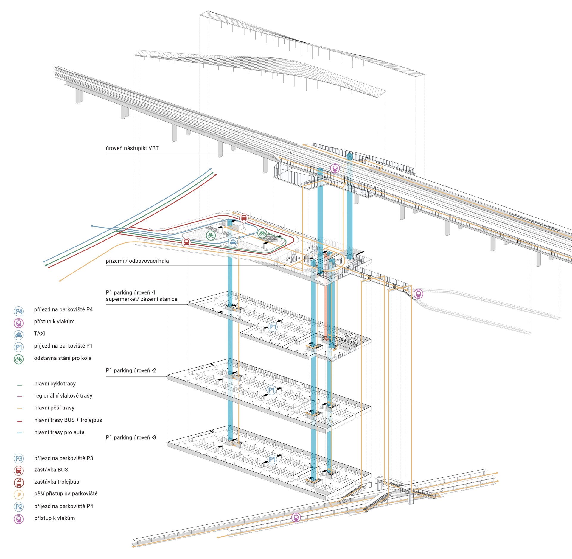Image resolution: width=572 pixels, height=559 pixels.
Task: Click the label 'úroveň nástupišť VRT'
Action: pos(132,148)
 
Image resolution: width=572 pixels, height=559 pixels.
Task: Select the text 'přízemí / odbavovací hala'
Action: pos(137,261)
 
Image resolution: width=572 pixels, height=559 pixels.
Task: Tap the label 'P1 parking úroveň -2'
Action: pos(131,370)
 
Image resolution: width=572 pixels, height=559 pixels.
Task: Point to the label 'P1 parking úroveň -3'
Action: pos(131,437)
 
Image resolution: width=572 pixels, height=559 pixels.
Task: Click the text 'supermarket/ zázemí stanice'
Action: pos(142,299)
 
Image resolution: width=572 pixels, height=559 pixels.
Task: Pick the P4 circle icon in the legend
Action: pos(19,312)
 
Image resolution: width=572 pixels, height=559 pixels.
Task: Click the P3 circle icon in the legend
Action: pos(19,459)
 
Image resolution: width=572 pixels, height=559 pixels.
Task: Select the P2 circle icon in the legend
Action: pos(19,507)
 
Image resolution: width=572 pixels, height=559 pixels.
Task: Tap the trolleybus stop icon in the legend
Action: pos(19,482)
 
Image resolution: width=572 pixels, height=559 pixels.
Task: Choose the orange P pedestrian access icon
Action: pos(19,495)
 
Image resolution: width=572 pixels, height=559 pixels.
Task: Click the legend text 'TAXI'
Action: pos(40,334)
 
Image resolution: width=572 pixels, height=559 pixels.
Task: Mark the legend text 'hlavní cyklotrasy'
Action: pos(55,384)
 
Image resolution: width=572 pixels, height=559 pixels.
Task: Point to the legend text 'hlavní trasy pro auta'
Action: pos(59,432)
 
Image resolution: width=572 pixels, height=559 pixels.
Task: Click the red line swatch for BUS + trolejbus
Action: pos(20,421)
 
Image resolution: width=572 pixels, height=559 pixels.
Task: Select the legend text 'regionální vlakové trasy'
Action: pos(63,396)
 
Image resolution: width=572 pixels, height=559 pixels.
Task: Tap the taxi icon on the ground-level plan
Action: pos(233,242)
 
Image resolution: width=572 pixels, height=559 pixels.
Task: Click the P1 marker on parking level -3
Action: pos(272,459)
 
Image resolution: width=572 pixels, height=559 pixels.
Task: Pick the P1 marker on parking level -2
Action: pos(271,390)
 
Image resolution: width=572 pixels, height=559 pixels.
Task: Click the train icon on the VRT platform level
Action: pos(335,168)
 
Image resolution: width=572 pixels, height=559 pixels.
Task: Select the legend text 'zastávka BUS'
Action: pos(51,470)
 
